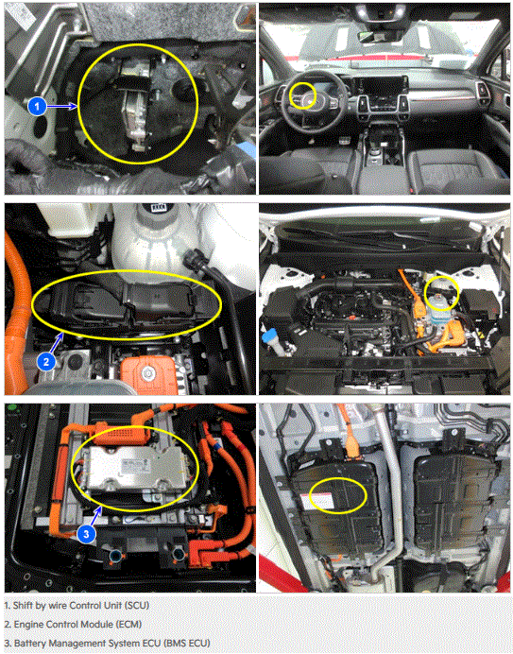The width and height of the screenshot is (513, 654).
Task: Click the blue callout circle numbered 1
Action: pyautogui.click(x=37, y=107)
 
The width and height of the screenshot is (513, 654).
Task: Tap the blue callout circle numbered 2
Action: pyautogui.click(x=46, y=361)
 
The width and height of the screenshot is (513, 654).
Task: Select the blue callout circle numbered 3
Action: pyautogui.click(x=86, y=534)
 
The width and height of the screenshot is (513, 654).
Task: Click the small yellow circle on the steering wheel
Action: pyautogui.click(x=302, y=96)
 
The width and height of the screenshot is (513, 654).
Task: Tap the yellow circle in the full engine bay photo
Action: pyautogui.click(x=441, y=294)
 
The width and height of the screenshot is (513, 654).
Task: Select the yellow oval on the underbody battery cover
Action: pyautogui.click(x=338, y=495)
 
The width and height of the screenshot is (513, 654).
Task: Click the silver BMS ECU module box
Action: pyautogui.click(x=135, y=468)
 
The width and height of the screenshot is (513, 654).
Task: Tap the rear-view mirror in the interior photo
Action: pyautogui.click(x=379, y=35)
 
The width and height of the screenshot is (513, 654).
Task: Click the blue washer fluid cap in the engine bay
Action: pyautogui.click(x=270, y=336)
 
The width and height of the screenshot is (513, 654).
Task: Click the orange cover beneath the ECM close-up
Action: pyautogui.click(x=149, y=374)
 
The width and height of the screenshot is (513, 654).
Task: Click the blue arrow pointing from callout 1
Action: pyautogui.click(x=62, y=107)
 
